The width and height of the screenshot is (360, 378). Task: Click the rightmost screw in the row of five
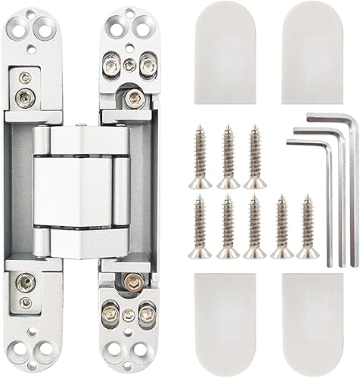[307, 227]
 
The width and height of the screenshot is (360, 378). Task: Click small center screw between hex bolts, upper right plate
[129, 65]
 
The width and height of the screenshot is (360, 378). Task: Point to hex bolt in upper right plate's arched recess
[134, 97]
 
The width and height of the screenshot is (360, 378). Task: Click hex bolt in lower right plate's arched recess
[134, 283]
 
